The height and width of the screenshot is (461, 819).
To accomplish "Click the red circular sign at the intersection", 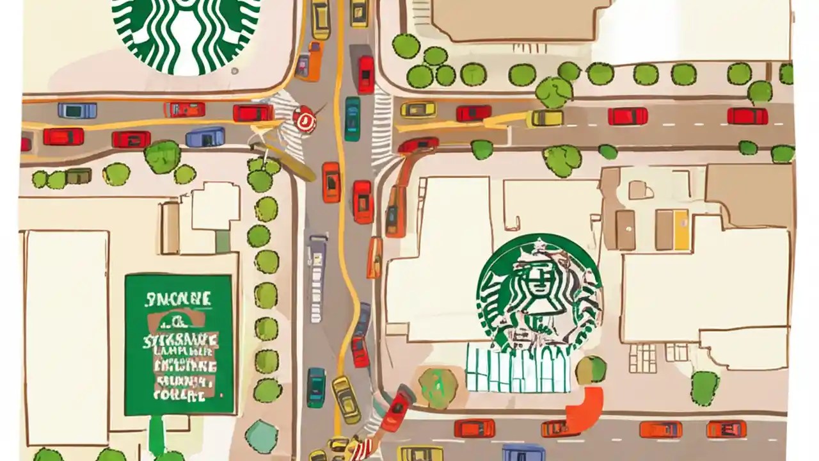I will point(304,120).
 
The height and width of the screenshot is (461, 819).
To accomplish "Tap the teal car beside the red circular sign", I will point(352,118).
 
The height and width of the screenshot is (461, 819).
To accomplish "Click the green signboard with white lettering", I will point(179,344).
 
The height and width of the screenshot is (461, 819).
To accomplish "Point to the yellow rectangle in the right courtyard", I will point(681,230).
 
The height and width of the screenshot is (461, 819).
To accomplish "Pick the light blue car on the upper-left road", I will point(77,111).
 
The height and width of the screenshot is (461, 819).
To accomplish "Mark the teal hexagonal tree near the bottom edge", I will point(262,435).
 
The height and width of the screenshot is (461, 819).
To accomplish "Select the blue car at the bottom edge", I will point(523,453).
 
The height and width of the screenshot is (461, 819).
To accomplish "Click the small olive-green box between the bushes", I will point(78,175).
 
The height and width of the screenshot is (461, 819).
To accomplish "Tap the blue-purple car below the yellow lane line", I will point(205,136).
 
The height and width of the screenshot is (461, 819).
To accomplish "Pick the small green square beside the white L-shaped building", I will point(222,241).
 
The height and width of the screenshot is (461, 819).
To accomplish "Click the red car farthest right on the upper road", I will point(747,116).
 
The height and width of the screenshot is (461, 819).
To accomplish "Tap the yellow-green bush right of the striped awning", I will point(591,369).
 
